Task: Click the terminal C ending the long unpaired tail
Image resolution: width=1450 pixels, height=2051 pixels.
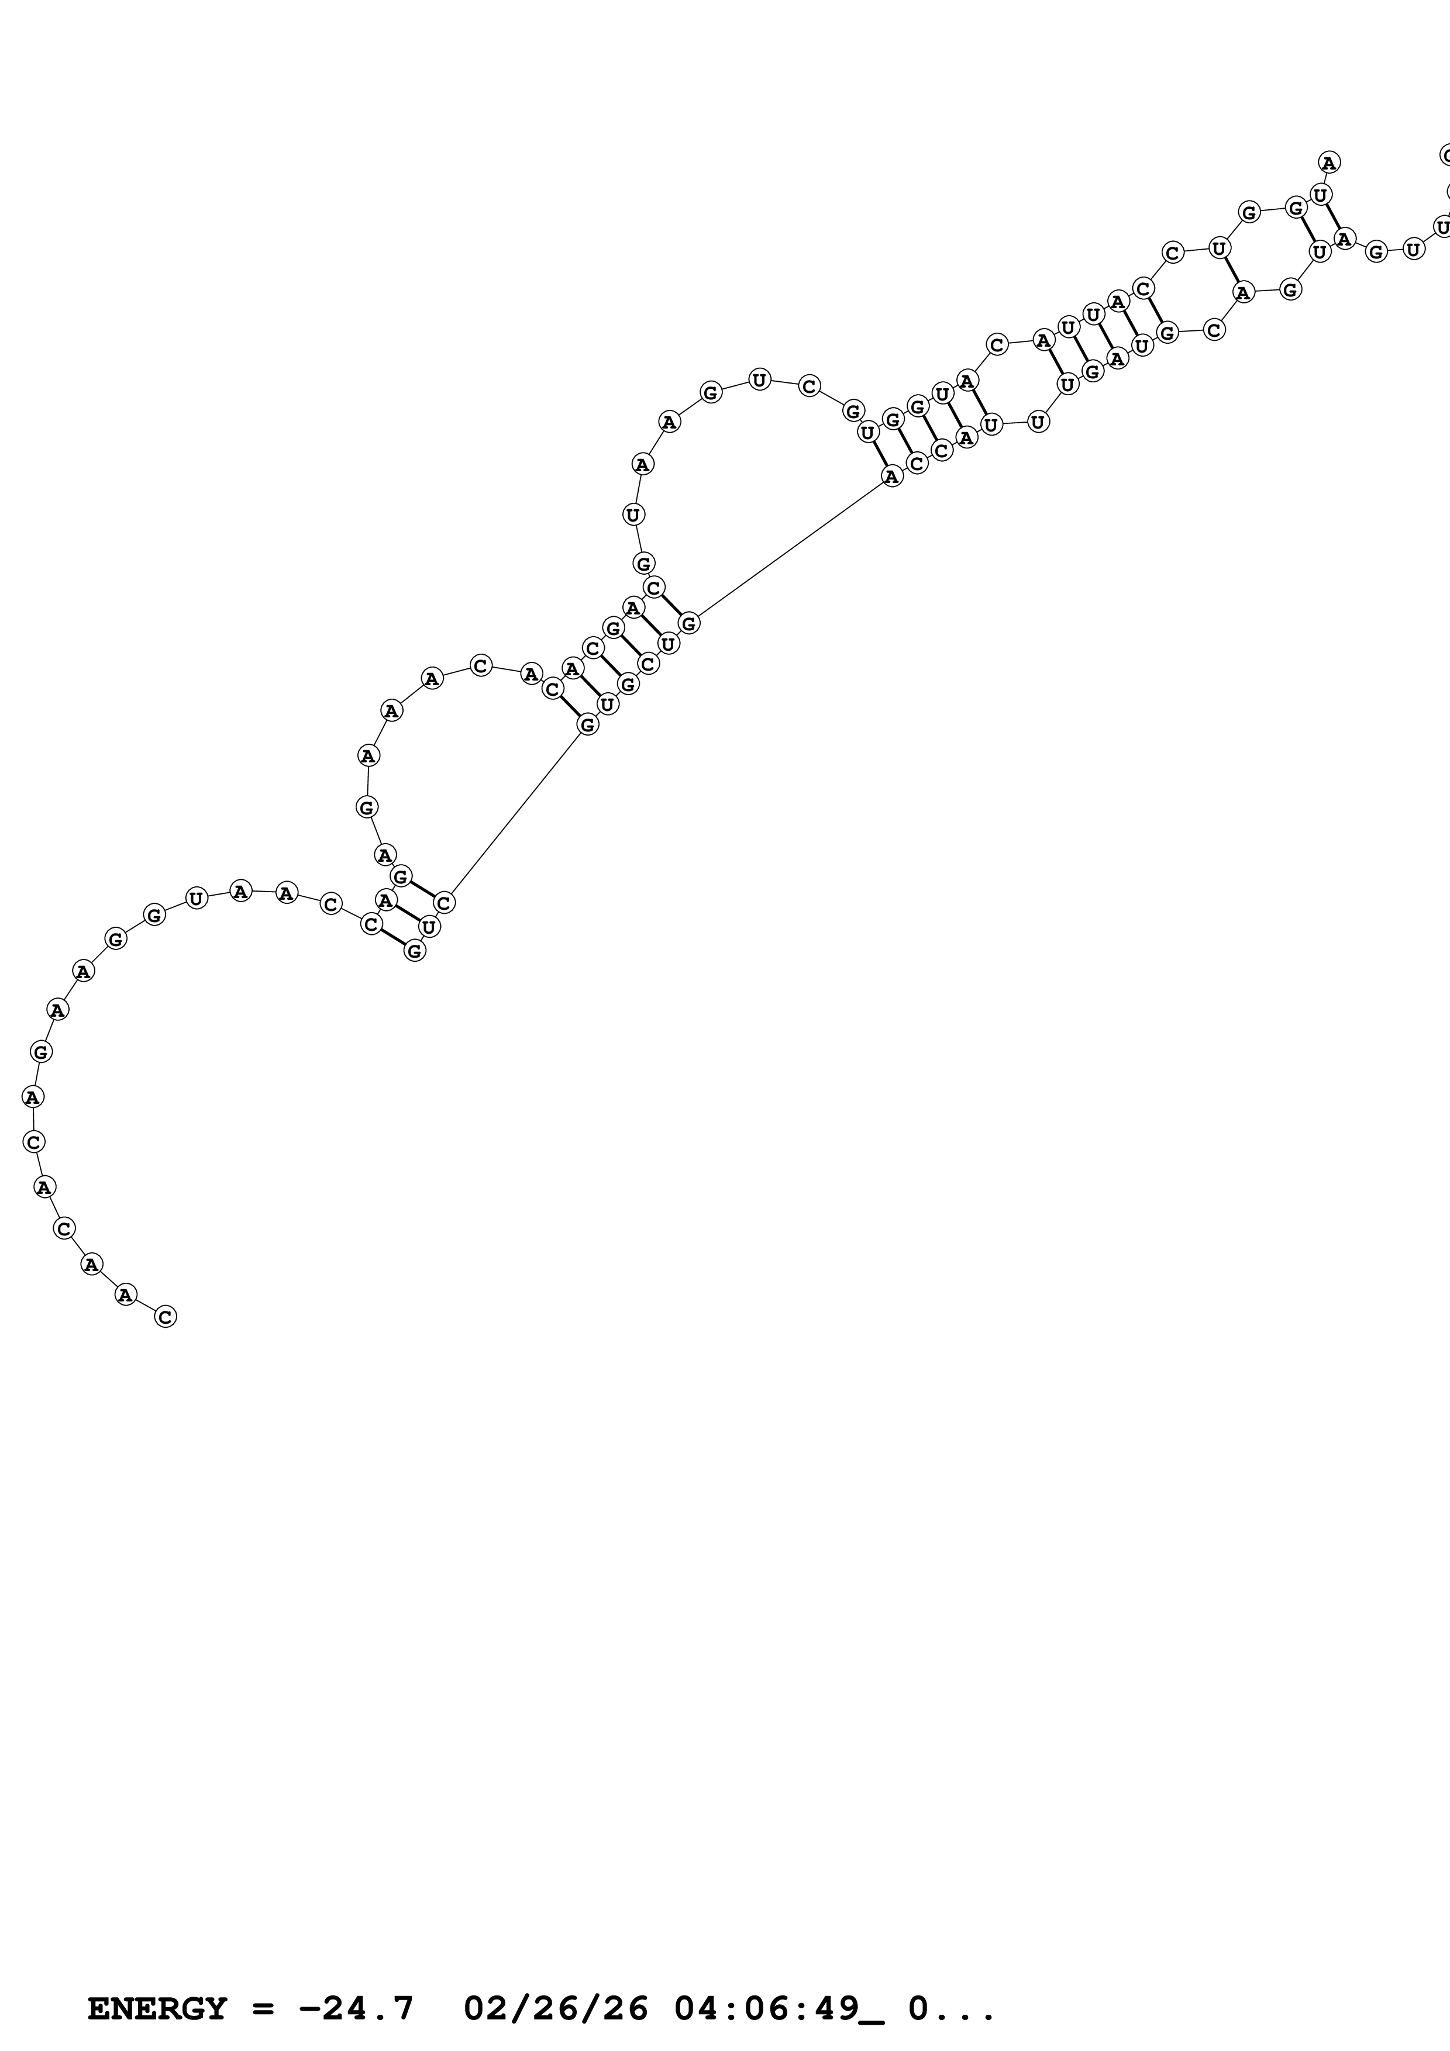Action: click(166, 1316)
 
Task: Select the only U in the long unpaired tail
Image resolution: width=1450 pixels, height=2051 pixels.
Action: click(197, 898)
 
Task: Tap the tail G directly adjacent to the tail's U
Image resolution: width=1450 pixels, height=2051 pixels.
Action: click(154, 915)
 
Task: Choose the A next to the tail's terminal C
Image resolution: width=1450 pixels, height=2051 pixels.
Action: click(126, 1294)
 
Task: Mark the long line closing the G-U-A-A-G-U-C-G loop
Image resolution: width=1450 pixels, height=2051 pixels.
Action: click(790, 550)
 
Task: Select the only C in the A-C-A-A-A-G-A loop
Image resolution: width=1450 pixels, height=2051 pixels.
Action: click(481, 665)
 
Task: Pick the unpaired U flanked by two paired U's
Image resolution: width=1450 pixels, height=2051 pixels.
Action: click(1037, 421)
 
